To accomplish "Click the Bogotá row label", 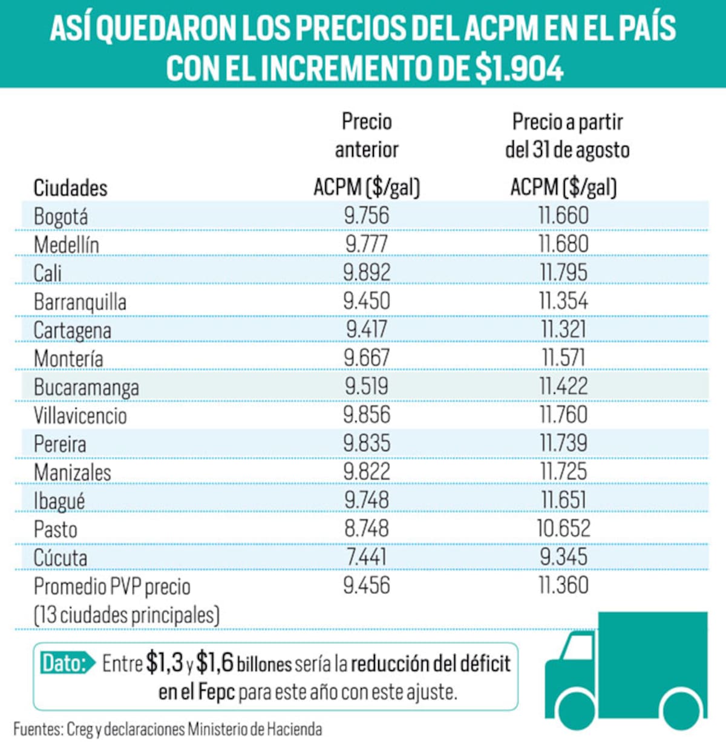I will [x=60, y=216].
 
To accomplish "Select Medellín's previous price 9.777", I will [x=366, y=244].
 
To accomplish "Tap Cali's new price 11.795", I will [x=563, y=273].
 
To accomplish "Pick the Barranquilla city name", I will [x=80, y=302].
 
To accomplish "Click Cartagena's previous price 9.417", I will [x=366, y=330].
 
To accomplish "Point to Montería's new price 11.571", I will [x=563, y=358].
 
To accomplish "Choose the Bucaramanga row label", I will [x=86, y=388].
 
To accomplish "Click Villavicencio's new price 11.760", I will [x=563, y=415].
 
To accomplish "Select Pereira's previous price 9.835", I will [x=366, y=443].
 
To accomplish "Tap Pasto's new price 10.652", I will [x=563, y=529].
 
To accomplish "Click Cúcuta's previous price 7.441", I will [x=366, y=557].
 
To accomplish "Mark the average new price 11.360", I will [x=563, y=585].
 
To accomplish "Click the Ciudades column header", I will [x=70, y=188].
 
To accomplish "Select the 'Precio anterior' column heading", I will [x=367, y=135].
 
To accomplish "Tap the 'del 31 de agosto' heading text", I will [x=567, y=150].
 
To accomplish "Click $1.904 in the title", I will [x=519, y=68].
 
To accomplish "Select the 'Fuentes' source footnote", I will [x=168, y=729].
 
